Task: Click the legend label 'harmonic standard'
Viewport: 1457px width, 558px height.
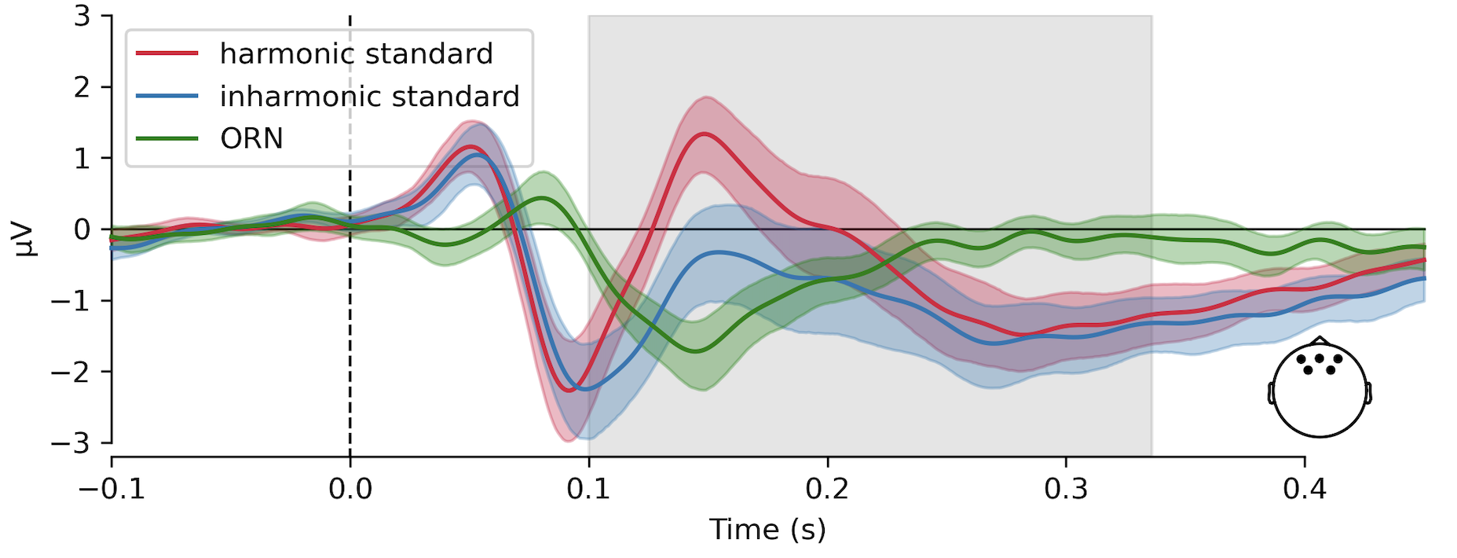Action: [356, 53]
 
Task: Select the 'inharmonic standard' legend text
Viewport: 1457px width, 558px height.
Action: [369, 96]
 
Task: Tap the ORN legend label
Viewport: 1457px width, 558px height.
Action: [251, 138]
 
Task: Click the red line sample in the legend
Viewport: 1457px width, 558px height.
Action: [167, 53]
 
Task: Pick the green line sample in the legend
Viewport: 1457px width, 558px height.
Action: [167, 138]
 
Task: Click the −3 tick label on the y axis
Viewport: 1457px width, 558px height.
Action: [71, 442]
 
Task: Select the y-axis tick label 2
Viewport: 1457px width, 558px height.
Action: [82, 87]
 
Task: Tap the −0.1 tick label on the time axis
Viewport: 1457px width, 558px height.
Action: [112, 489]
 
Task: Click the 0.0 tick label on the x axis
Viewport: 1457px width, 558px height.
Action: [350, 489]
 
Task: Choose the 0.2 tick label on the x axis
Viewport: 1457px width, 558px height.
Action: [827, 489]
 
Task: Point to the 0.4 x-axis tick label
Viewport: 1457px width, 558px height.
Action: [1305, 489]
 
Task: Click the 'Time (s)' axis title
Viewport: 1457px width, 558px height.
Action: [767, 530]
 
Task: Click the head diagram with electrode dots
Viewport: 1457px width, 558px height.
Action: [1320, 389]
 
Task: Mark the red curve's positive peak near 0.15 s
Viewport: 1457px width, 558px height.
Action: [704, 134]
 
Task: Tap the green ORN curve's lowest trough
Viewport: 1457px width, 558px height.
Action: [695, 351]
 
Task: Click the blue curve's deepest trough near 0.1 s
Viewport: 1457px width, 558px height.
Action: [581, 388]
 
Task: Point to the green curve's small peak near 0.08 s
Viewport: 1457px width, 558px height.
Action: [541, 198]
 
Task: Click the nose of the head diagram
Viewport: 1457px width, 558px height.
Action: [1320, 340]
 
